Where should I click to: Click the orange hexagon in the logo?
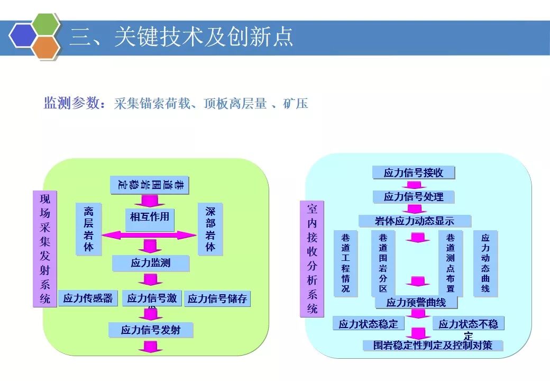45,47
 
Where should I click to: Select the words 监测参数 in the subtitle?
71,103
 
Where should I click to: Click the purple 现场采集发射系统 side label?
45,249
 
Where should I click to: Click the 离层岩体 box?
88,229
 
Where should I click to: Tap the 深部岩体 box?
210,229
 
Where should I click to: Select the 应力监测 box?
151,263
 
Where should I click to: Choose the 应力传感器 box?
88,298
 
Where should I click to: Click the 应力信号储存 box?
217,299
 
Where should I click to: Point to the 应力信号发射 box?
151,330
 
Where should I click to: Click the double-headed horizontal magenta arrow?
149,235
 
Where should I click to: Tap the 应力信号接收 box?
413,173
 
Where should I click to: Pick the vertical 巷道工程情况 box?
345,263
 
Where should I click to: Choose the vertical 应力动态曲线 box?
485,263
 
